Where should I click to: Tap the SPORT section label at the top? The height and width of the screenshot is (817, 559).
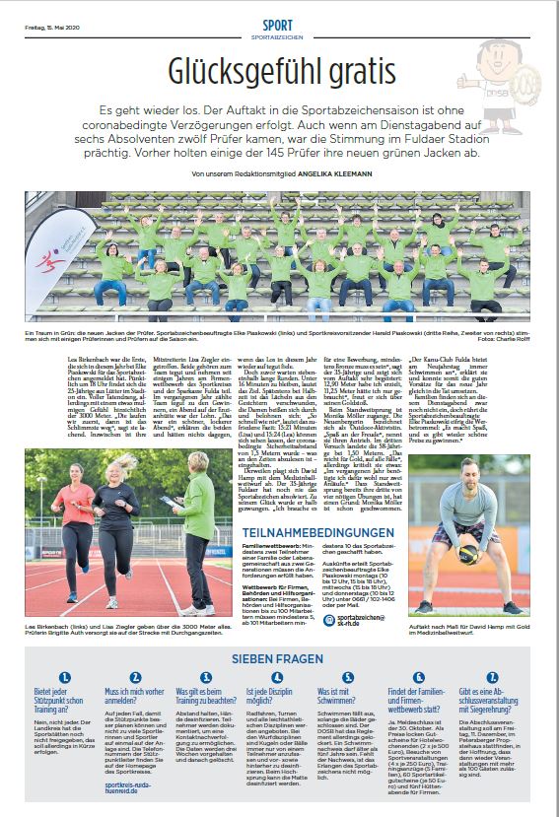(278, 23)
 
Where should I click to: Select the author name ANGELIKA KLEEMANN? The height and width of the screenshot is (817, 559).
(313, 174)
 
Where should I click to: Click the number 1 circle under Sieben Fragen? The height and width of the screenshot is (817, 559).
(64, 677)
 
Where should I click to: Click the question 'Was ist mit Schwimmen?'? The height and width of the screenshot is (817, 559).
(340, 694)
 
